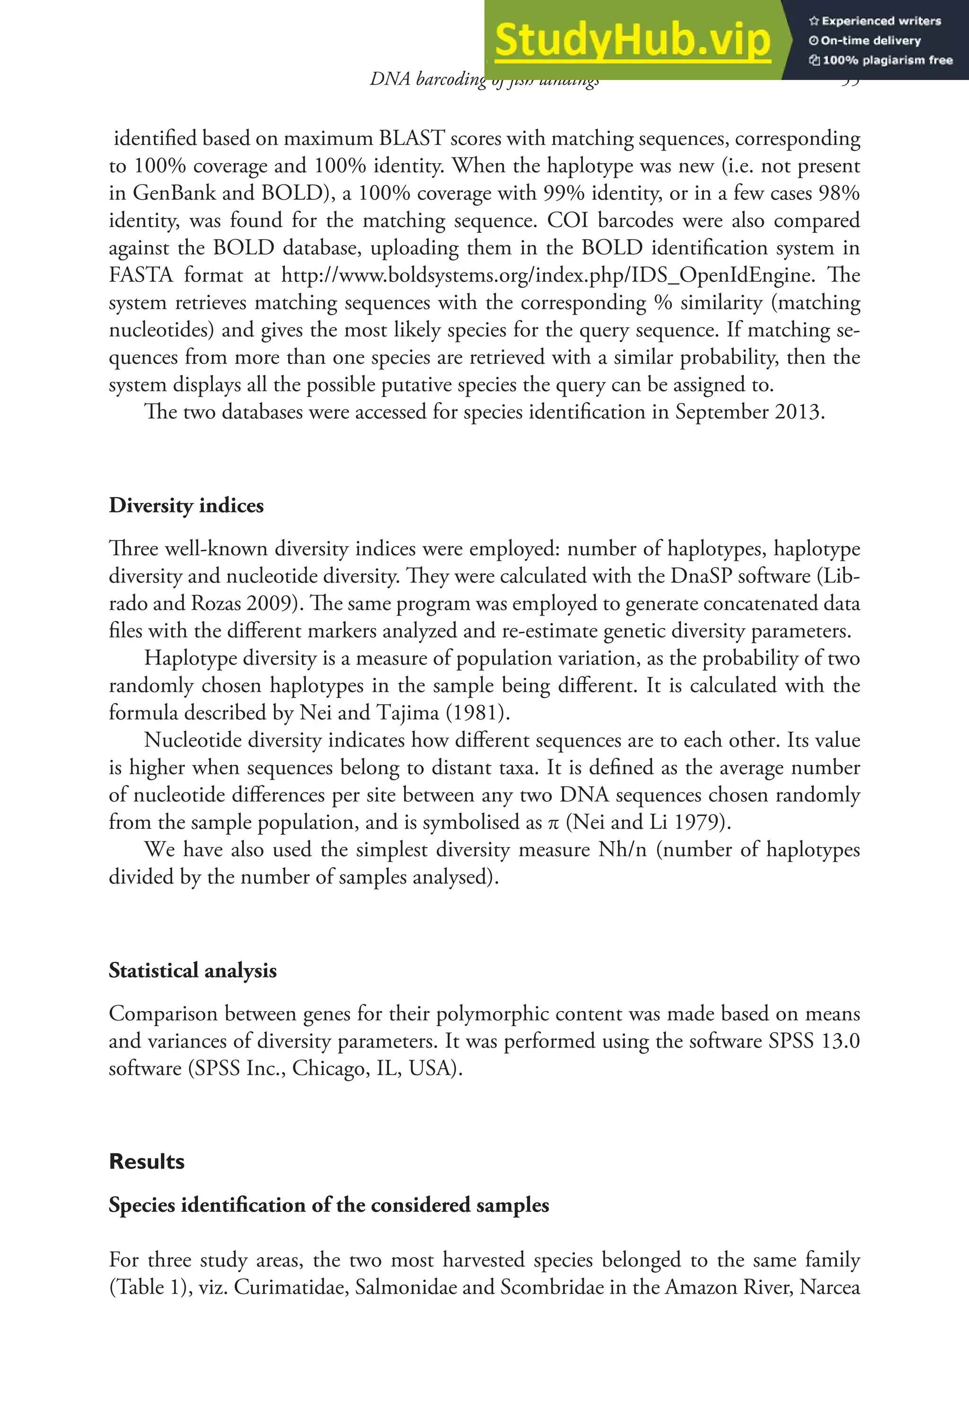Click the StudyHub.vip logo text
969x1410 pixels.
pyautogui.click(x=632, y=40)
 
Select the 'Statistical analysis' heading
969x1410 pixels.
pyautogui.click(x=193, y=970)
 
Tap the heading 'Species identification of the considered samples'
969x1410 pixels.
pyautogui.click(x=328, y=1205)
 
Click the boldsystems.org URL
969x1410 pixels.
pyautogui.click(x=547, y=275)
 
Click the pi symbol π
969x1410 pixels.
pyautogui.click(x=553, y=823)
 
